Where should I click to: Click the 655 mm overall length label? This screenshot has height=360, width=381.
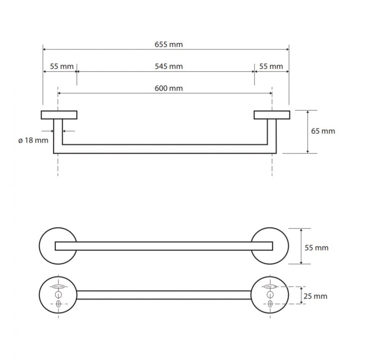pos(169,44)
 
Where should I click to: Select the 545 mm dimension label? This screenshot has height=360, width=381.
pos(169,66)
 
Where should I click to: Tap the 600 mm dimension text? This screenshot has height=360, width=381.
pos(169,88)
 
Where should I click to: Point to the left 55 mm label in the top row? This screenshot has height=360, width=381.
pos(62,66)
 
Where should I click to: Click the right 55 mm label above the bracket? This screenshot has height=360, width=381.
pos(271,66)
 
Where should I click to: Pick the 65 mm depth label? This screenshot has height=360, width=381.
pos(323,131)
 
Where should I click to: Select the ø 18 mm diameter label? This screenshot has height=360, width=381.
pos(33,140)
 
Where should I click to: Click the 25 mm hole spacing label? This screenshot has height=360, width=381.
pos(315,296)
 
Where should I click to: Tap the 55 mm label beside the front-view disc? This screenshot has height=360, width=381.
pos(317,248)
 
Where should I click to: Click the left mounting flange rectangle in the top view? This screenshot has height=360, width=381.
pos(59,115)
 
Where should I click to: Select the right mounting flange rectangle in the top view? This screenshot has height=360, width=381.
pos(272,115)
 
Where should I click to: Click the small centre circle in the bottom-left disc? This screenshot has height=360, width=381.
pos(58,295)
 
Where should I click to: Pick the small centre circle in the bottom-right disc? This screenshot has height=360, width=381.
pos(270,295)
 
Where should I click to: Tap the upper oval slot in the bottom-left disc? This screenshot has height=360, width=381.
pos(59,287)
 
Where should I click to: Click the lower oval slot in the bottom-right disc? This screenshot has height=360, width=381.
pos(270,303)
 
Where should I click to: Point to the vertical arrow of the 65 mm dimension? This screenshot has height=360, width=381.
pos(308,132)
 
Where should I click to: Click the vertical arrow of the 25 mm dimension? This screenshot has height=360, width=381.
pos(301,295)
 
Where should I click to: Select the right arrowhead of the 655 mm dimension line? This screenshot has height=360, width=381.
pos(287,49)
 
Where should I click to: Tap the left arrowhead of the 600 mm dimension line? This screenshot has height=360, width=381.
pos(59,93)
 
